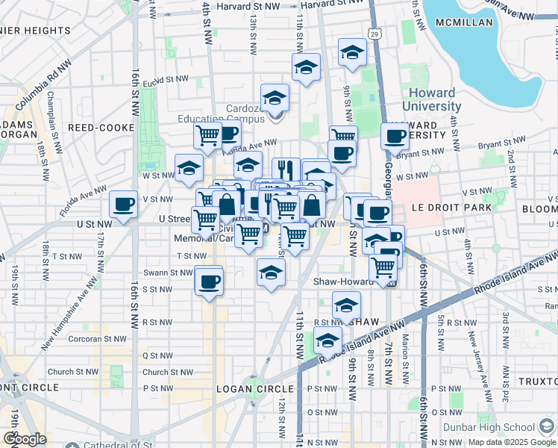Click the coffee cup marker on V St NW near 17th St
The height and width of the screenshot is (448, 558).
click(123, 203)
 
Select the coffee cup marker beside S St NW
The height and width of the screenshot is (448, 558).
click(209, 281)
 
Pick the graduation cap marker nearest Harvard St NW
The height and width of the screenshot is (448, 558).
click(352, 52)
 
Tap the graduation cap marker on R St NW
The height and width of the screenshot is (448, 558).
click(346, 305)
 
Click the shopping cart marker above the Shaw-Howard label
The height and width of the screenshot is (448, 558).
click(383, 267)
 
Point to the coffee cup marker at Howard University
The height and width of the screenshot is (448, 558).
click(395, 136)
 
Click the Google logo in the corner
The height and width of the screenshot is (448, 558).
click(25, 439)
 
